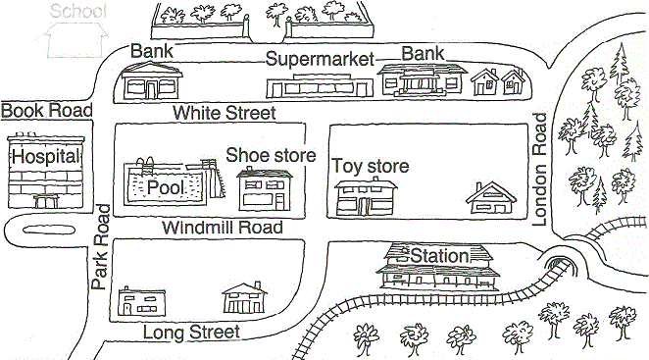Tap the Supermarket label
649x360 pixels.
click(321, 59)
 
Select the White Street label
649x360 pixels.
click(224, 113)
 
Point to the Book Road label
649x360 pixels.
click(46, 110)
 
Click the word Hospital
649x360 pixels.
click(44, 156)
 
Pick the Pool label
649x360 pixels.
click(166, 187)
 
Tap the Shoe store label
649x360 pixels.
click(271, 155)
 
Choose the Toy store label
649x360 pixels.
click(370, 166)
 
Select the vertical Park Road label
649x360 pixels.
click(101, 247)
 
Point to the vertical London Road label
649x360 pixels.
click(538, 169)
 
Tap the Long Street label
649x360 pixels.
click(192, 333)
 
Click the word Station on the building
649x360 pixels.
click(439, 256)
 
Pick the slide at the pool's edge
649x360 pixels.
click(209, 177)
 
